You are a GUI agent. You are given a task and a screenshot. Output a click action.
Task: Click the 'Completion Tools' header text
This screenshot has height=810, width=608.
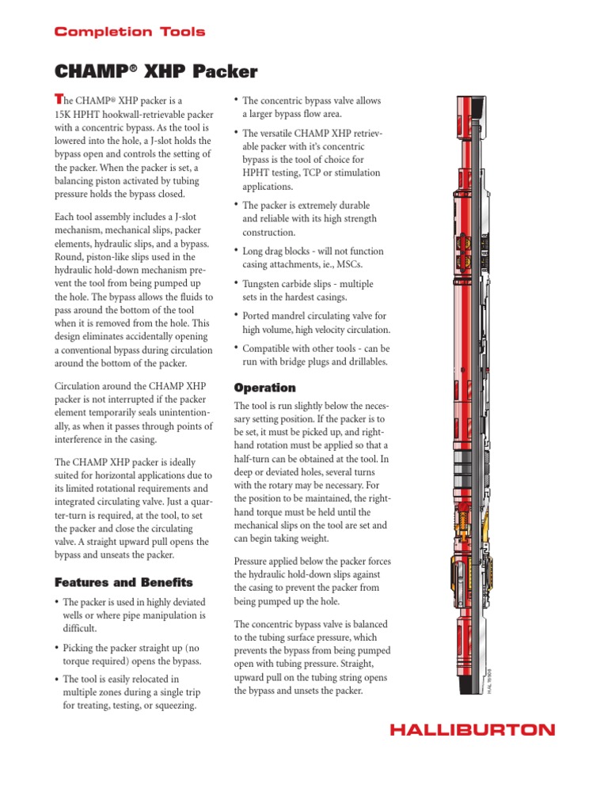(x=129, y=32)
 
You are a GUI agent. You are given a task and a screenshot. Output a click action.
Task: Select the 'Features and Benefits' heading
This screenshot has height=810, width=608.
(x=123, y=582)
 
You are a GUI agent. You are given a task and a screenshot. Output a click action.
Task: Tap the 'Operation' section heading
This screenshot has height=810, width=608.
(x=264, y=388)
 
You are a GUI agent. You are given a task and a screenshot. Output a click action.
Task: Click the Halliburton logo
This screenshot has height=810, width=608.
(x=472, y=729)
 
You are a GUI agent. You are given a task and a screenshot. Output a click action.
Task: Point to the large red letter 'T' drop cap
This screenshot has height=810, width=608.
(x=57, y=99)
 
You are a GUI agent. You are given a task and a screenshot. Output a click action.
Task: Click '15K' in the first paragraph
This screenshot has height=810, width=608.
(x=64, y=115)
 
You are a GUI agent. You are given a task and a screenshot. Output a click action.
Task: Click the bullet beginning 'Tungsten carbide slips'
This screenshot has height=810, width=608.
(x=307, y=290)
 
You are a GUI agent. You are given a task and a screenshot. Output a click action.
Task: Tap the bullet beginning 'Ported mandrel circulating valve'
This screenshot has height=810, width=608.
(x=316, y=323)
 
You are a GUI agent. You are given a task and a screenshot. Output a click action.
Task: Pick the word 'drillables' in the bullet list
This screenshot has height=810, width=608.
(x=359, y=361)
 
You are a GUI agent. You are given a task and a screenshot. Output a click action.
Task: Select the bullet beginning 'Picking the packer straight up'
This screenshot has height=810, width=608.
(x=131, y=654)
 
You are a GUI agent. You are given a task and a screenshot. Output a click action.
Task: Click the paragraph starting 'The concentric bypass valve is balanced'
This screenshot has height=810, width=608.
(x=313, y=657)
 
